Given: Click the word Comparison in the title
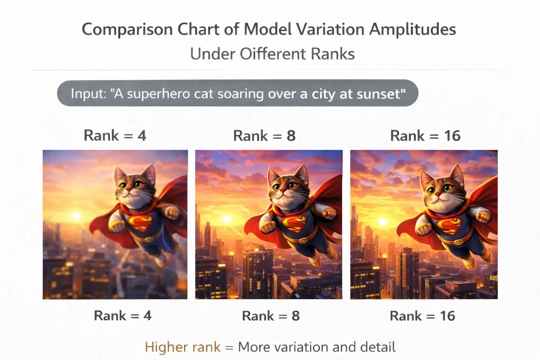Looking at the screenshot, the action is point(127,30).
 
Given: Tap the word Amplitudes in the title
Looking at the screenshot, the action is point(412,30).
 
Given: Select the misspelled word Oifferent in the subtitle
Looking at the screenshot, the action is point(273,54).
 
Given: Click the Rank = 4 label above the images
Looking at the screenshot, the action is point(115,135).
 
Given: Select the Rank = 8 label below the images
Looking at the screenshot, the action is point(271,316).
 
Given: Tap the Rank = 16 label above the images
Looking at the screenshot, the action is point(425,135).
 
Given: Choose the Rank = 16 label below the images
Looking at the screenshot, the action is point(422,316).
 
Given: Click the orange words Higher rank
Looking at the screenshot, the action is point(183,347).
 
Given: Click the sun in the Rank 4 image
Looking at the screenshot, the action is point(76,216).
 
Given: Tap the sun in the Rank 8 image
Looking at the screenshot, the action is point(227,219).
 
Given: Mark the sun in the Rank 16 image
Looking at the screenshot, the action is point(383,221).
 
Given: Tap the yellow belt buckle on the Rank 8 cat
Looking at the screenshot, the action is point(303,240).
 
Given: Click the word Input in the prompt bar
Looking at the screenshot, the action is point(88,93).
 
